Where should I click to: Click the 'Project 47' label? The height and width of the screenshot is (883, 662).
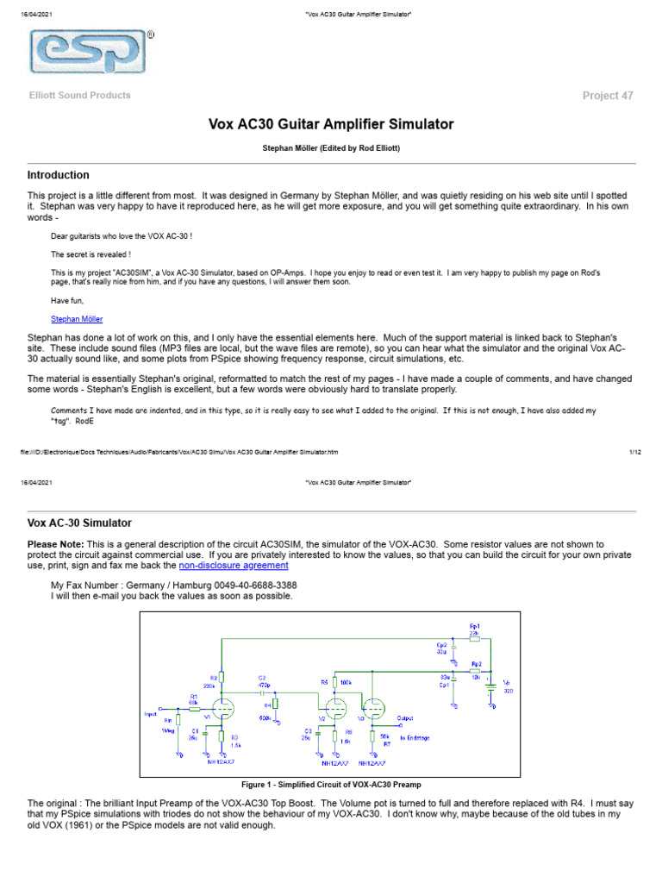[x=608, y=96]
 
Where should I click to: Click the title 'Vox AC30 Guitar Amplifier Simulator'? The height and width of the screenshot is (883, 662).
[x=331, y=124]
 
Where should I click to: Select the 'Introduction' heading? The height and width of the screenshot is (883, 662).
[x=59, y=175]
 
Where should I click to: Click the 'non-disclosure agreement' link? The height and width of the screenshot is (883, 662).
[x=234, y=566]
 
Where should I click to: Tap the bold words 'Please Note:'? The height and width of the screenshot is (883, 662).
[x=55, y=545]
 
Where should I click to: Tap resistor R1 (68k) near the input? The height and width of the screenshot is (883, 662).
[x=195, y=710]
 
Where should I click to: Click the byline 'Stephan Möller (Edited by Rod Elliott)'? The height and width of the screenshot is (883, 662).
[x=331, y=148]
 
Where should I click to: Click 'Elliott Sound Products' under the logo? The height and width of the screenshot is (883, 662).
[x=80, y=96]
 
